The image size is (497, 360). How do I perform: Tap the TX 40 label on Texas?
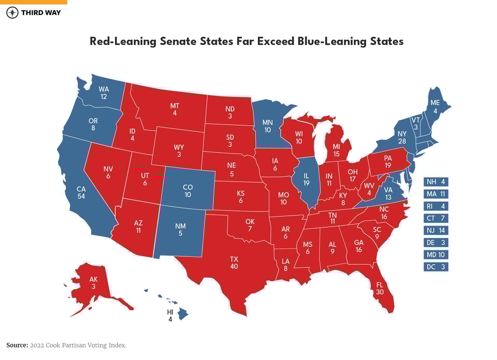pos(235,262)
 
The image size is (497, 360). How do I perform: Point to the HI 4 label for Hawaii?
pos(170,316)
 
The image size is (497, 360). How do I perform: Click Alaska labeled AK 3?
pos(94,282)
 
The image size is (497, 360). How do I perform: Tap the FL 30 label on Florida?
pos(381,288)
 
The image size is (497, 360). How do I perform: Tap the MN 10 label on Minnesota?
pos(267,126)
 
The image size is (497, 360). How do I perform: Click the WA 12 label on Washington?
pos(104,93)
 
